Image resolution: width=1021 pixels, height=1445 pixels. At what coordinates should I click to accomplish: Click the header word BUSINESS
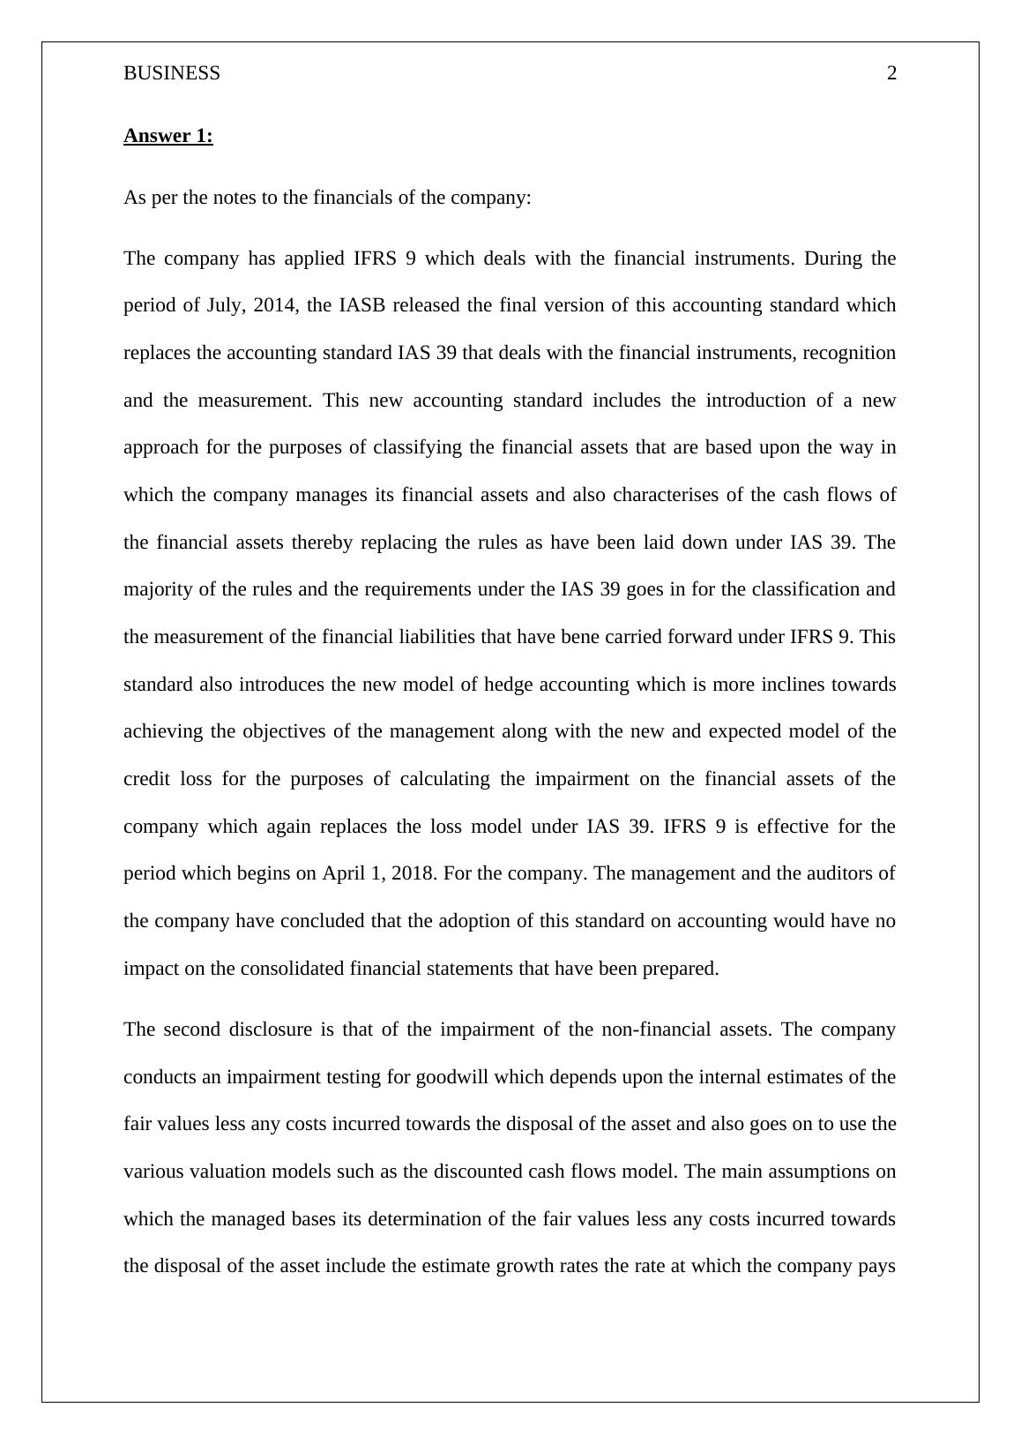[172, 73]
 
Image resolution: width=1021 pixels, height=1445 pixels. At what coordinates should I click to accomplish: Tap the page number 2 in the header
[891, 73]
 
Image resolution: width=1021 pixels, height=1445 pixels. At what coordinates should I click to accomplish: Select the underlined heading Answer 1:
[168, 136]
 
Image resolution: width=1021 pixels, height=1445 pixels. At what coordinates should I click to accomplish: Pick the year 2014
[273, 305]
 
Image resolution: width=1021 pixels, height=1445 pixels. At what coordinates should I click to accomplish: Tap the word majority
[154, 589]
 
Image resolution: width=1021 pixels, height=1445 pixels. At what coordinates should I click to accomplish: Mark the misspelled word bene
[579, 637]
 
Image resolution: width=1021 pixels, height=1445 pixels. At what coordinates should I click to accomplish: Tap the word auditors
[841, 873]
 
